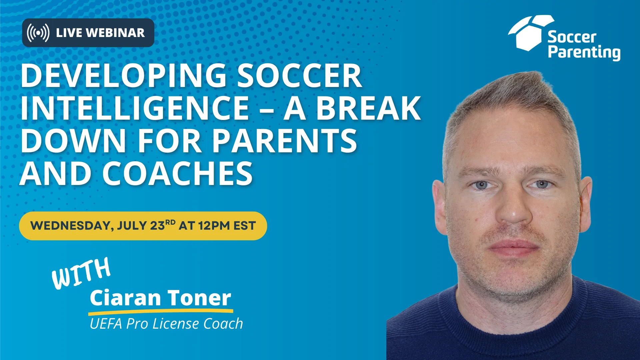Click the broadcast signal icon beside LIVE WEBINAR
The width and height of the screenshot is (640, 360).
coord(38,33)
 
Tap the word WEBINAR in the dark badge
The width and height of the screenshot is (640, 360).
coord(115,33)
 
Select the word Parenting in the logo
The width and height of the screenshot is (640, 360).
coord(584,53)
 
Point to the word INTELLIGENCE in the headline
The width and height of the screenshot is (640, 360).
coord(135,108)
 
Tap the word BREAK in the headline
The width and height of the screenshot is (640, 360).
coord(368,108)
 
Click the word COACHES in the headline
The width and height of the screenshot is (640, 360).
coord(177,173)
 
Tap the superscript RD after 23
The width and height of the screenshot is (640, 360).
coord(170,222)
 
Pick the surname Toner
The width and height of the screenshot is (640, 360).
coord(199,298)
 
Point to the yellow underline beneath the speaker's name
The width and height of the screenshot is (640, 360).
coord(161,312)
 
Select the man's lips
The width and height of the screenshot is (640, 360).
coord(513,248)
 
